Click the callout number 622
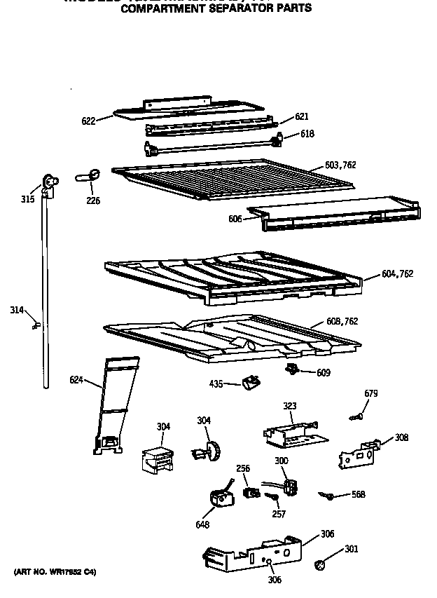coord(88,121)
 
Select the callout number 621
coord(301,116)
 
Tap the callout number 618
coord(307,133)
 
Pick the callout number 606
coord(235,219)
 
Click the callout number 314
coord(18,309)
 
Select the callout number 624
coord(76,380)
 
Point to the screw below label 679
coord(356,417)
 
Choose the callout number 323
coord(290,406)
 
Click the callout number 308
coord(401,437)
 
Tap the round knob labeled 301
coord(319,564)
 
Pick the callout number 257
coord(279,515)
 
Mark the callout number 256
coord(242,468)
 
